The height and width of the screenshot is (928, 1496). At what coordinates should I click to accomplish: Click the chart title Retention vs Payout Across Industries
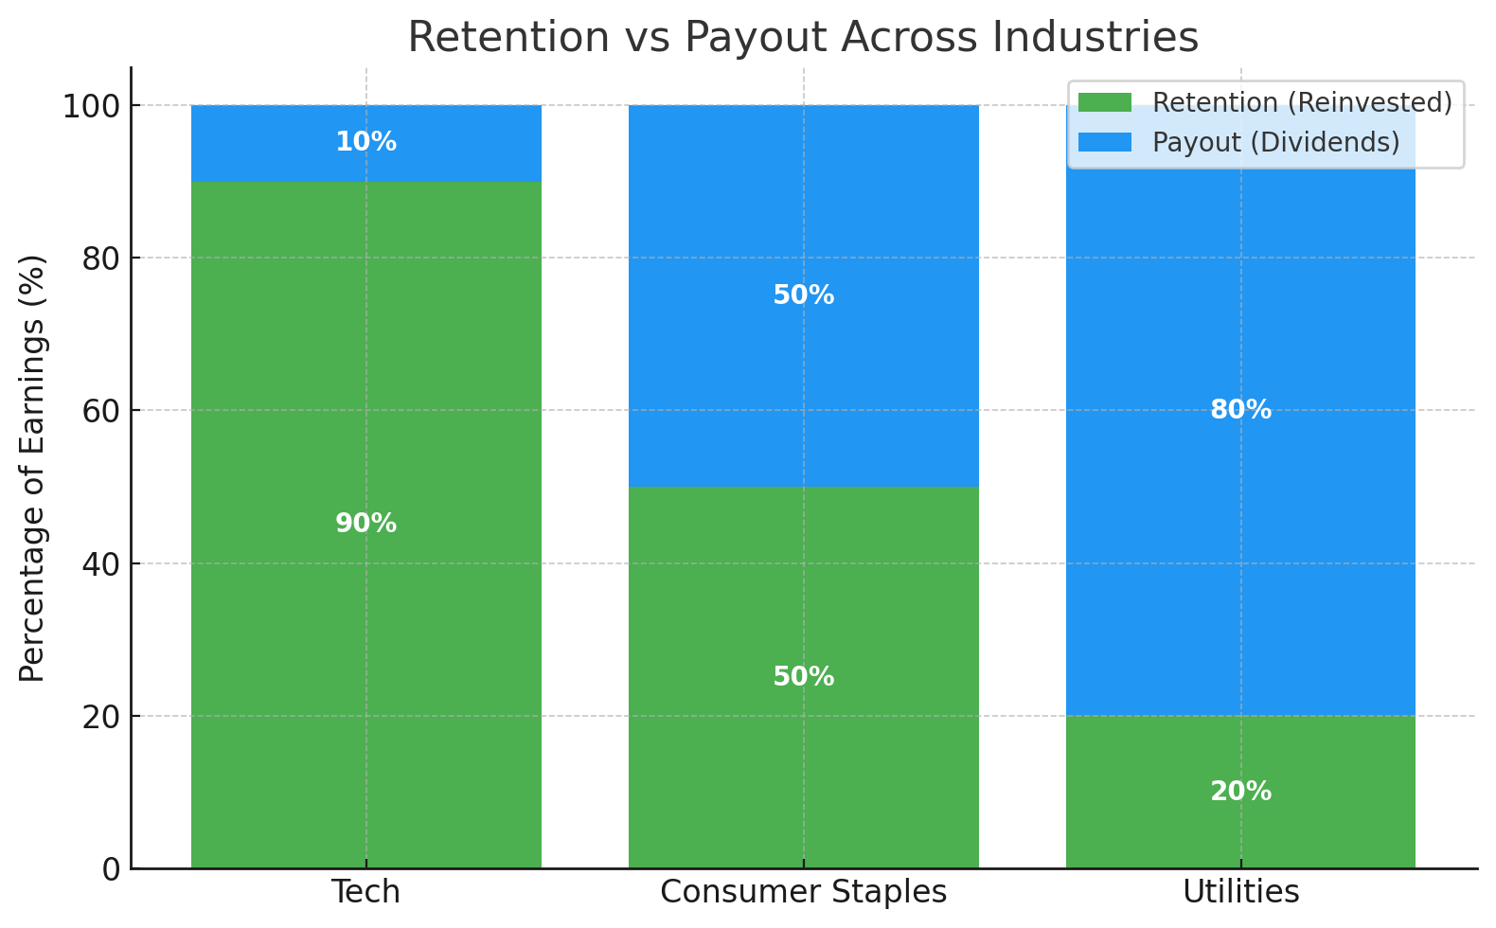tap(803, 38)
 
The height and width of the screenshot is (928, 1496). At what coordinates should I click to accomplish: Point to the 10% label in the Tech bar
tap(366, 142)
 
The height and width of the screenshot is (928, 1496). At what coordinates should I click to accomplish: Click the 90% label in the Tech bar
tap(366, 524)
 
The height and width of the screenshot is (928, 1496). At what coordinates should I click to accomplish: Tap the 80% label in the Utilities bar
tap(1240, 410)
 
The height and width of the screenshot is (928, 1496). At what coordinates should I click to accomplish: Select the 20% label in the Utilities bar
tap(1240, 792)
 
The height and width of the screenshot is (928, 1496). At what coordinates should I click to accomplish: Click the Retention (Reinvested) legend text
tap(1302, 102)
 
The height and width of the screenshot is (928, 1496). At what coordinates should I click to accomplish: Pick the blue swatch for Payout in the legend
tap(1104, 142)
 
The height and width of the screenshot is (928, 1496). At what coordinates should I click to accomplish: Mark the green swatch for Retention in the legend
tap(1104, 102)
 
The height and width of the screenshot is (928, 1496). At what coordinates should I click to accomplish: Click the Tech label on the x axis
tap(366, 892)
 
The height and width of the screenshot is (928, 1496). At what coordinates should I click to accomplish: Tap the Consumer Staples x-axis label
tap(803, 892)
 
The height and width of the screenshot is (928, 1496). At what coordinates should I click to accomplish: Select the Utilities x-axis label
tap(1240, 892)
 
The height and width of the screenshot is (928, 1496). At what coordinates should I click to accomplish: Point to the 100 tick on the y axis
tap(92, 106)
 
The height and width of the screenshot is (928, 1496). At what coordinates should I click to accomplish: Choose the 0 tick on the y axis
tap(111, 869)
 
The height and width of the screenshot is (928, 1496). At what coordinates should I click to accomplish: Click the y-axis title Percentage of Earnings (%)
tap(33, 468)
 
